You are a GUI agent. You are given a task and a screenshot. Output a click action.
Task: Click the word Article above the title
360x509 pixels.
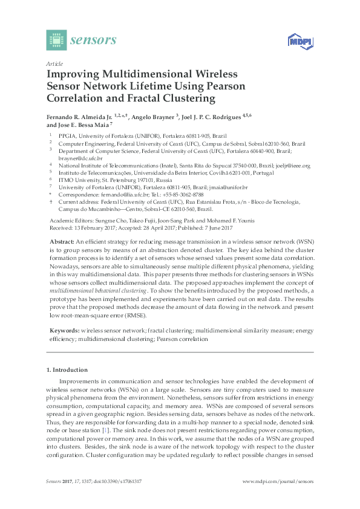click(x=54, y=63)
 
